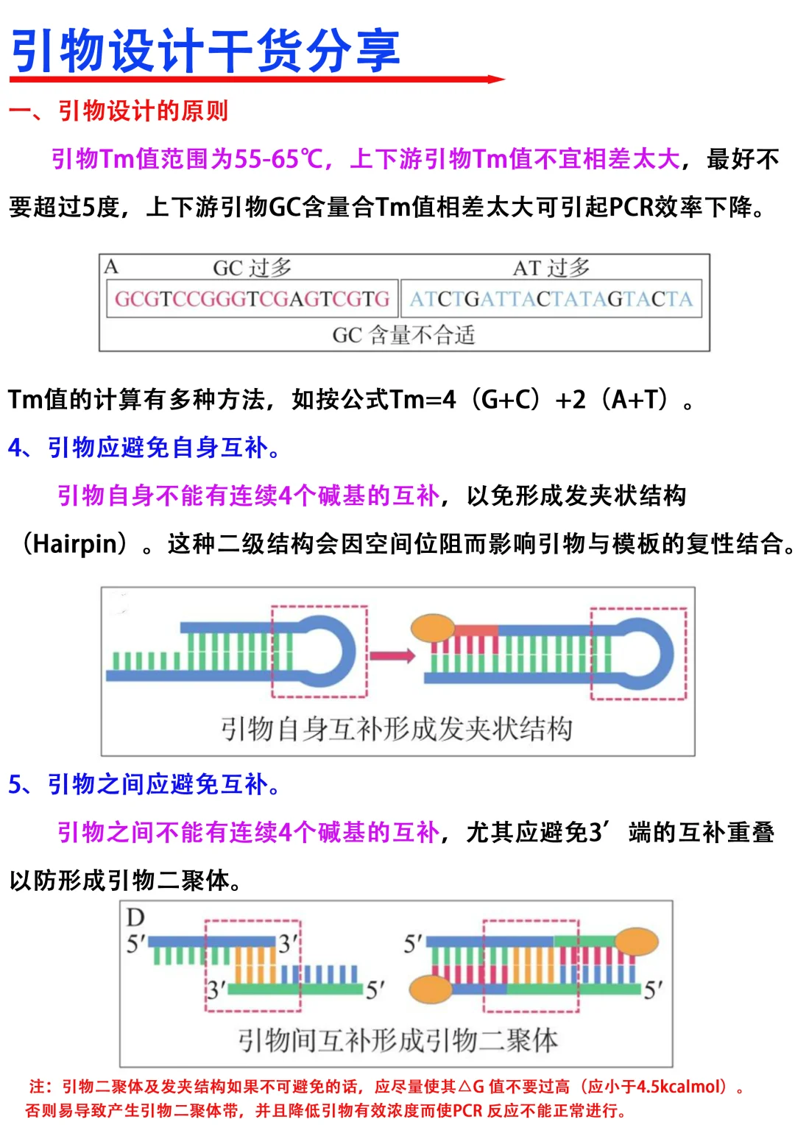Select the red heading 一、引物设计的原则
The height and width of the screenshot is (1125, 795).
pos(119,111)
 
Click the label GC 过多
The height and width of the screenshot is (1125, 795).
pos(252,267)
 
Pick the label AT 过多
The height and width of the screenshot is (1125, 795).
pos(551,267)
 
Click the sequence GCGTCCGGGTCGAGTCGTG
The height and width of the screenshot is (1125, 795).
pos(252,299)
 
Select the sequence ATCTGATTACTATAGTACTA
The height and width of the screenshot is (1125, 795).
pos(551,299)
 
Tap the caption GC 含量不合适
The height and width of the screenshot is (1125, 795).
pos(403,336)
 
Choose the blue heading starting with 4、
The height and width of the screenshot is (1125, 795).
pos(144,447)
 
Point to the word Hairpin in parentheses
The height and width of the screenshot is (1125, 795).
pos(75,544)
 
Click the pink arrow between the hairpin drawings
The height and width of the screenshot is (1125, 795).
pos(392,655)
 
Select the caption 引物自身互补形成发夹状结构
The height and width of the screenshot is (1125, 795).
pos(397,729)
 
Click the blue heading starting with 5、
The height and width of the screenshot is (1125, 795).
pos(144,784)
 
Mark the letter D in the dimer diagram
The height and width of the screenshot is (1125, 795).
pos(135,917)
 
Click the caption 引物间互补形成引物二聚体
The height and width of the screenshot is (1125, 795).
pos(397,1040)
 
